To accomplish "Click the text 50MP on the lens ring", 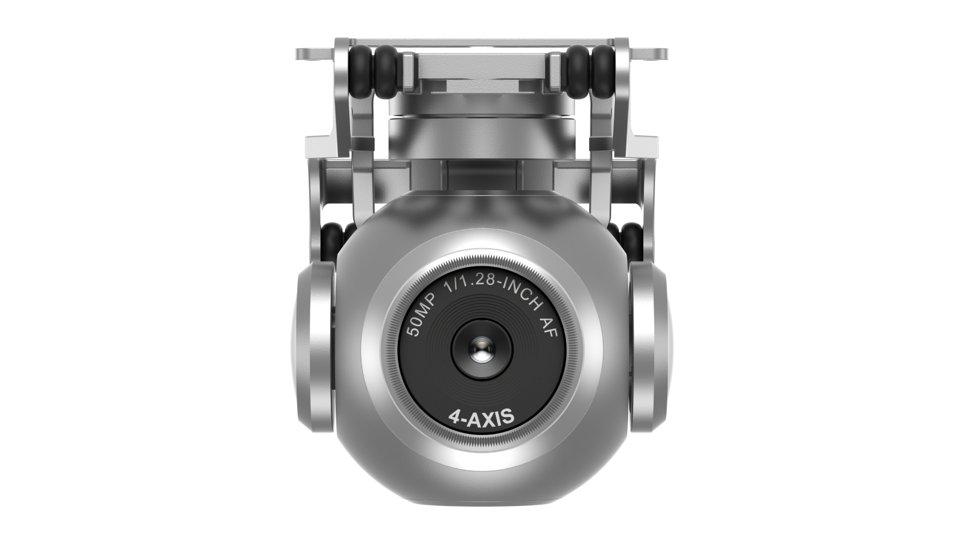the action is pyautogui.click(x=424, y=315).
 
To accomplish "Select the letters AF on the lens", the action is pyautogui.click(x=549, y=327).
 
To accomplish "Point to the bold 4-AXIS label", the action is pyautogui.click(x=482, y=417).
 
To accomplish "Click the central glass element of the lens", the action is pyautogui.click(x=482, y=349).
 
